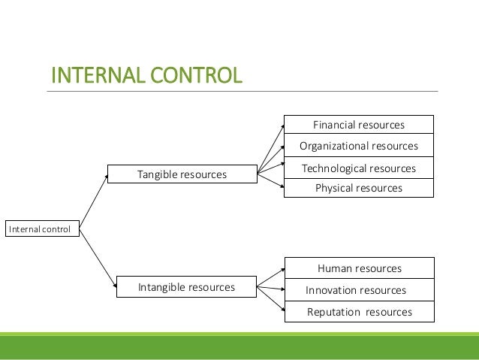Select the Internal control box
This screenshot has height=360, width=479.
pyautogui.click(x=42, y=228)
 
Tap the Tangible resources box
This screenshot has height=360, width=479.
pyautogui.click(x=182, y=174)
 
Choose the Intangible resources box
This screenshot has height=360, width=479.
pyautogui.click(x=186, y=287)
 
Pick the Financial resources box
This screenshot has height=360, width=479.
pyautogui.click(x=359, y=125)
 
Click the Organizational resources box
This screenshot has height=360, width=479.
pyautogui.click(x=359, y=146)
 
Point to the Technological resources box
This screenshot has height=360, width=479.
pyautogui.click(x=359, y=168)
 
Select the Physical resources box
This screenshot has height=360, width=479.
pyautogui.click(x=359, y=188)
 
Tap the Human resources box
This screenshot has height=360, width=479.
pyautogui.click(x=360, y=268)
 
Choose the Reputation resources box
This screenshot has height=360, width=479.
pyautogui.click(x=360, y=312)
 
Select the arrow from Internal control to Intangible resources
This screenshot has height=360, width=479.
pyautogui.click(x=98, y=256)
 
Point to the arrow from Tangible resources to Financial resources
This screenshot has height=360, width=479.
pyautogui.click(x=270, y=147)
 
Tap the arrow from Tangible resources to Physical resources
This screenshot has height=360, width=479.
pyautogui.click(x=270, y=181)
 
